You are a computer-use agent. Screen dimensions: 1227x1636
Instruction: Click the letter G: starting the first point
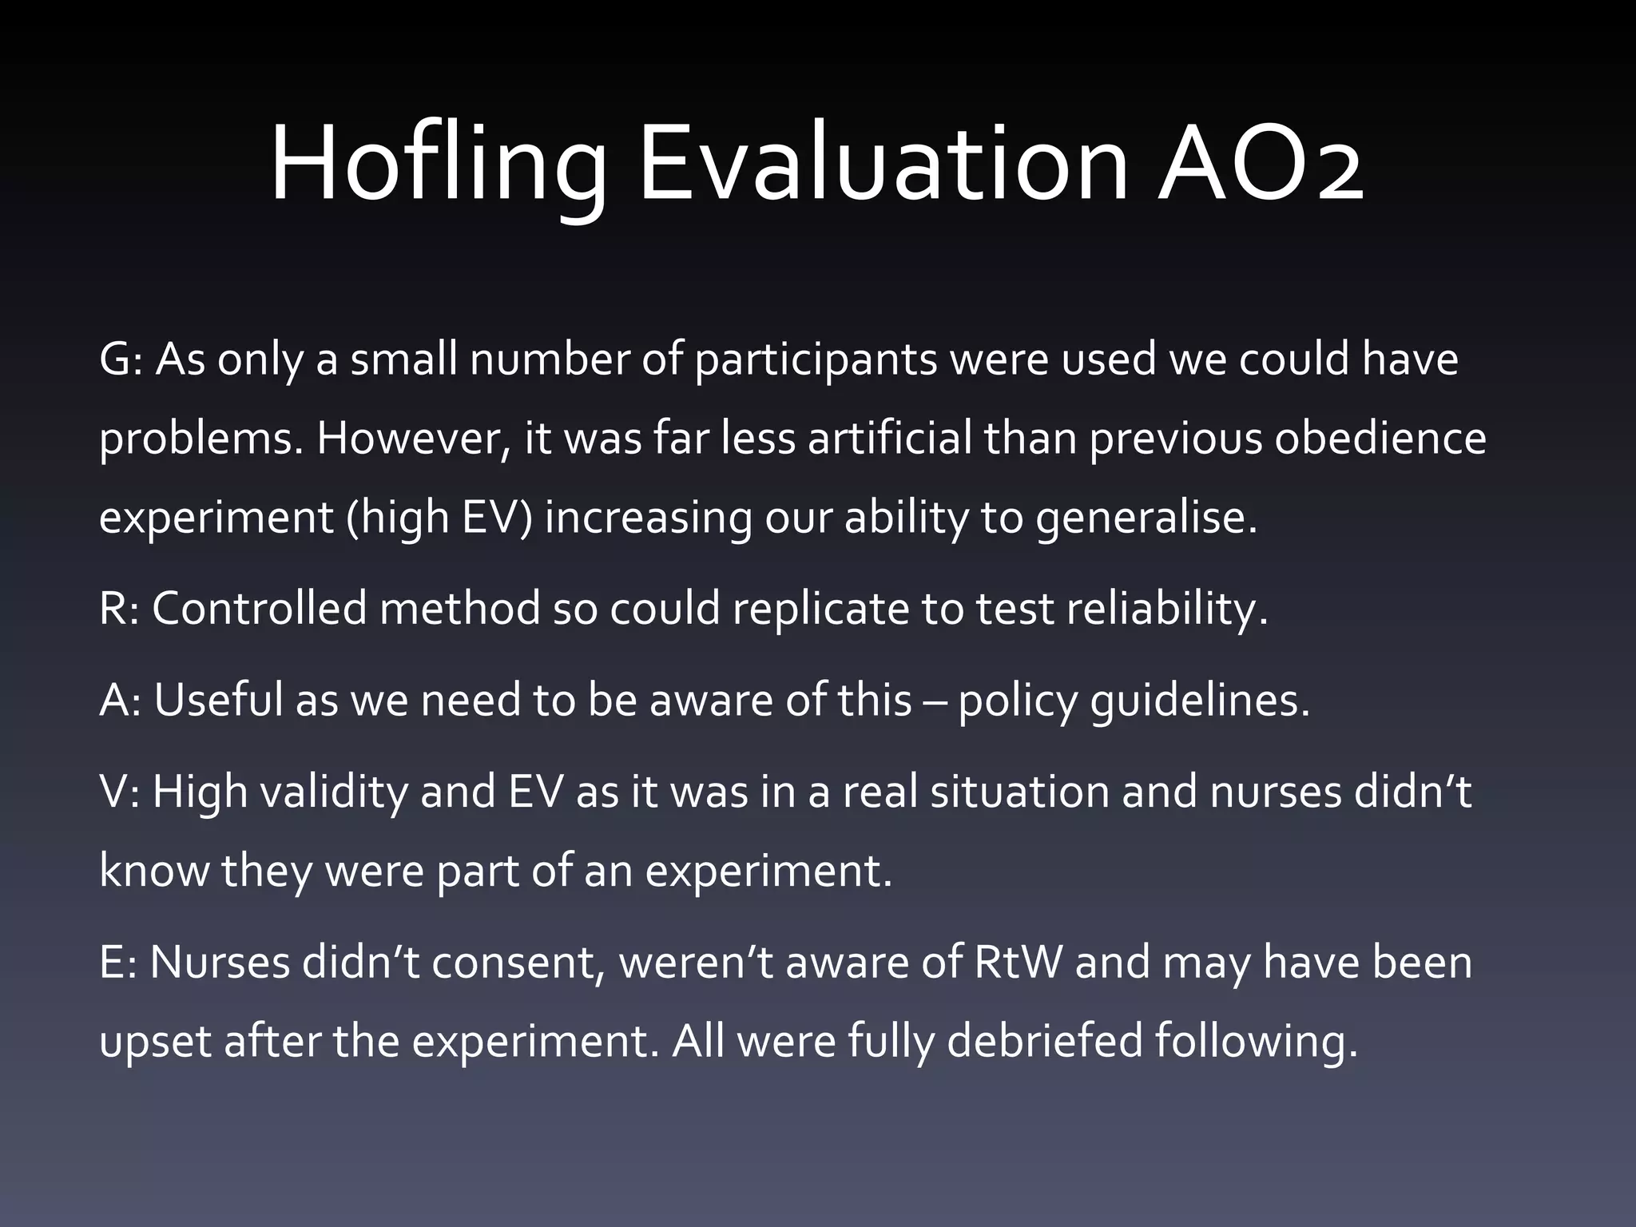[121, 359]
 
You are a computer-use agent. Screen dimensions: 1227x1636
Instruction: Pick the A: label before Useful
[120, 701]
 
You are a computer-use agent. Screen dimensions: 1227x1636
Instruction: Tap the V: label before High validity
[119, 792]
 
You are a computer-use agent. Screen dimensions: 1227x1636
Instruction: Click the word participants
[815, 361]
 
